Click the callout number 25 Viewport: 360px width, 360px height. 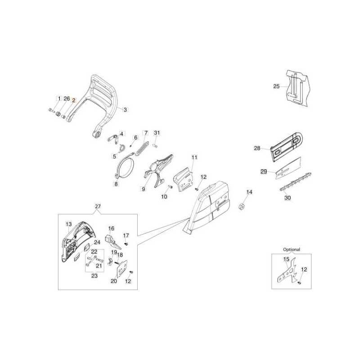(276, 85)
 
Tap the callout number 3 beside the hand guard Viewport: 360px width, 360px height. (125, 109)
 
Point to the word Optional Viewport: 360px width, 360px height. (291, 249)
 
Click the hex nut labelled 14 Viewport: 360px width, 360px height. (241, 207)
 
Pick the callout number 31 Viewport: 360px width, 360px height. (157, 133)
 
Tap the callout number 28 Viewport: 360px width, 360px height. (257, 148)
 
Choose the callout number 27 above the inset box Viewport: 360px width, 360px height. (98, 207)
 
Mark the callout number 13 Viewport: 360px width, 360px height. (69, 224)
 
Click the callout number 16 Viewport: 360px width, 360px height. (111, 229)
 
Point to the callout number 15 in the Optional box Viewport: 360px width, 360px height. (286, 259)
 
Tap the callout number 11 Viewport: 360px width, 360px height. (194, 157)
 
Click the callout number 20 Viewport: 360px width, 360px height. (113, 281)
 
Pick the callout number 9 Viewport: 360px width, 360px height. (144, 189)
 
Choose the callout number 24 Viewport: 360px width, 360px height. (97, 242)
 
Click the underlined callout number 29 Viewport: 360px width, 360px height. (264, 171)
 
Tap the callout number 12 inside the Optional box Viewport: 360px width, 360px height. (304, 270)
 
